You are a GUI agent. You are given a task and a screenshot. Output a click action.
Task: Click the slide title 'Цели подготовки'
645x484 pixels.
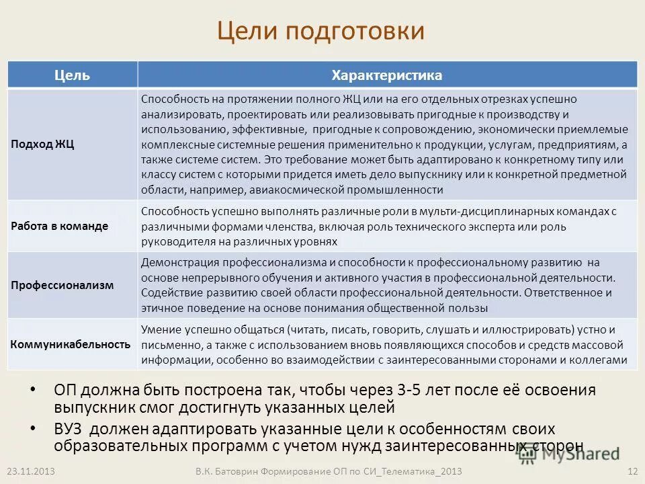[x=320, y=32]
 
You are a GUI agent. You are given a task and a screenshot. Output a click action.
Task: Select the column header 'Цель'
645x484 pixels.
[x=72, y=75]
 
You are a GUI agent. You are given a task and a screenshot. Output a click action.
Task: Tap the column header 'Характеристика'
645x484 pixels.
[x=386, y=75]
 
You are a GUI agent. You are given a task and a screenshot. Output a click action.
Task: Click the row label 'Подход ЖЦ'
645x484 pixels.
[x=43, y=145]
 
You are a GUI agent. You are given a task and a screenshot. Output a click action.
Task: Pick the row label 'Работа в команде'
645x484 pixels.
[x=60, y=226]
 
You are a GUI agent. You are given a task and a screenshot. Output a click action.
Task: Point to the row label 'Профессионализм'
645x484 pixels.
[x=62, y=285]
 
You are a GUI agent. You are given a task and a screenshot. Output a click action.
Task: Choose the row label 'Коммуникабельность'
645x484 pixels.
[x=71, y=344]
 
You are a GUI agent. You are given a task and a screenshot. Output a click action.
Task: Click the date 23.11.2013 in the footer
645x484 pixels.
[x=26, y=471]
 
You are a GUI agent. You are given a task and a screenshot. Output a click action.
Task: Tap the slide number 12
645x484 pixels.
[x=631, y=471]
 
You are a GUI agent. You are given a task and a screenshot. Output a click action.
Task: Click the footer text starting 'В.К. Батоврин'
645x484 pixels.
[x=325, y=471]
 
